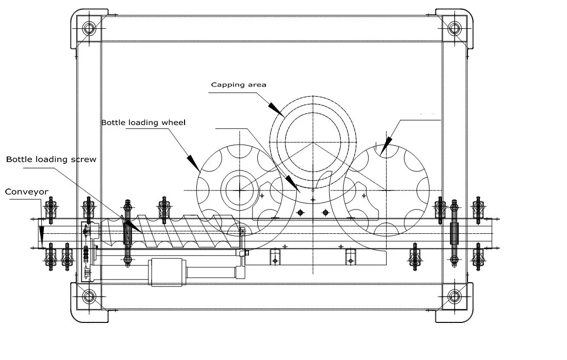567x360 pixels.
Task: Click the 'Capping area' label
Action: click(x=239, y=85)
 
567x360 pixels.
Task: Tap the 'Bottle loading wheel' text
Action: click(x=144, y=123)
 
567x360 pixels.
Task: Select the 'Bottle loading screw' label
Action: click(x=52, y=159)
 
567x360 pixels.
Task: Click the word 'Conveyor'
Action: click(x=26, y=192)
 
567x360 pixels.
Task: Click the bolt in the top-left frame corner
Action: click(x=89, y=28)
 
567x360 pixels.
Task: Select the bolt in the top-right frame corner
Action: click(x=455, y=28)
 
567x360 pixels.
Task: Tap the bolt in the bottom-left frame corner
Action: click(x=89, y=297)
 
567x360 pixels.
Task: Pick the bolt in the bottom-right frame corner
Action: click(x=455, y=297)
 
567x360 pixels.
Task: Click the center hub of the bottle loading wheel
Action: click(x=239, y=190)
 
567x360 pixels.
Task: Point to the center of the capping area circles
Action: click(x=313, y=143)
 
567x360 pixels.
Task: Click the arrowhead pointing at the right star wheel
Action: click(x=386, y=146)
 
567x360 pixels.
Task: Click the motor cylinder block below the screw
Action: click(x=166, y=272)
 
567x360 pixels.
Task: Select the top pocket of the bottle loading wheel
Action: click(x=239, y=151)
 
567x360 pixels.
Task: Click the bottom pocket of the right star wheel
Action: click(x=386, y=229)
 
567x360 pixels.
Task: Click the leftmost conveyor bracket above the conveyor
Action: click(x=51, y=208)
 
